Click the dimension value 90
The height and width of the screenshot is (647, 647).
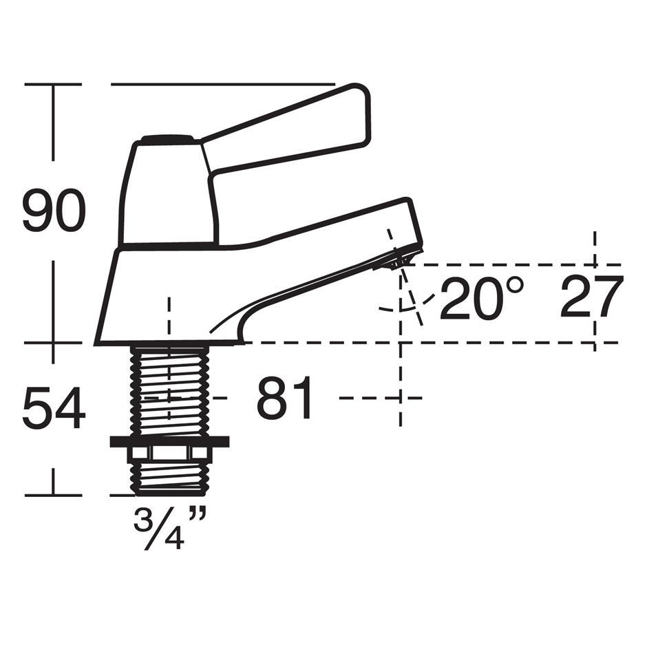(x=54, y=211)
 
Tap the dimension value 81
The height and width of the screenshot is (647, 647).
(x=285, y=398)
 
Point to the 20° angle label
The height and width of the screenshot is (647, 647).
(x=482, y=298)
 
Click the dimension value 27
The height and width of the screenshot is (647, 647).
(x=591, y=297)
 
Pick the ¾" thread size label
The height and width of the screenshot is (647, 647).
(x=169, y=527)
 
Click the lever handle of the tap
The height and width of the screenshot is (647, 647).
(x=285, y=128)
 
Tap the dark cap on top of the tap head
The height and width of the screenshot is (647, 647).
(x=167, y=140)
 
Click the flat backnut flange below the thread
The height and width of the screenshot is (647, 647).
(x=169, y=441)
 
